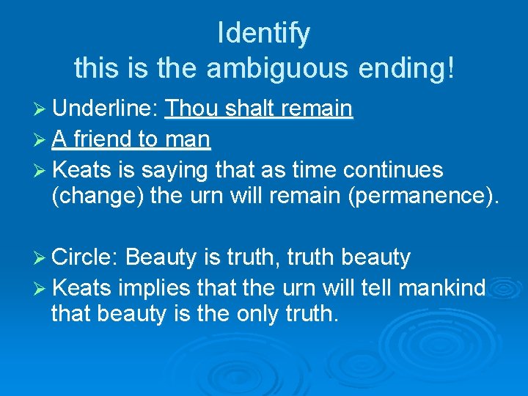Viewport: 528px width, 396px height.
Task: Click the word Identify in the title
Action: coord(264,33)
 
